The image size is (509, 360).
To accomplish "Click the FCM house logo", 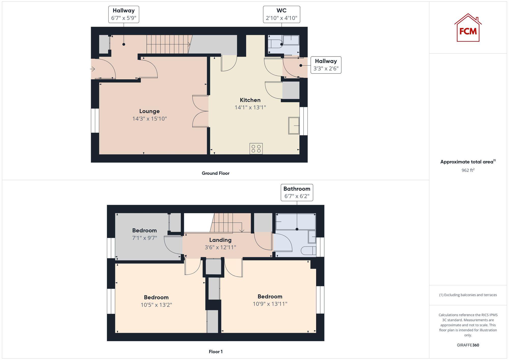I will point(468,28).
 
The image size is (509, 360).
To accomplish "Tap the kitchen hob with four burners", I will point(256,149).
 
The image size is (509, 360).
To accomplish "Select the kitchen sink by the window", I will point(294,125).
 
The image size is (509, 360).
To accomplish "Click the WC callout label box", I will point(281,15).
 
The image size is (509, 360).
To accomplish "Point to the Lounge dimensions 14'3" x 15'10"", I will point(149,119).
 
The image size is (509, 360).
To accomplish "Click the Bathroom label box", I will point(297,193).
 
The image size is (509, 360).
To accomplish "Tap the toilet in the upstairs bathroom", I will point(308,251).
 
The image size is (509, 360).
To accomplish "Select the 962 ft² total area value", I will point(468,170).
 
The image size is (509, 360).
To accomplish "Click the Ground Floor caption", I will point(216,173).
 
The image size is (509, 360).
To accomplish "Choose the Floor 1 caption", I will point(216,352).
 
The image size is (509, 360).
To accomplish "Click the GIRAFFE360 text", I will point(468,345).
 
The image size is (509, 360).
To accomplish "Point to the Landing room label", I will point(220,240).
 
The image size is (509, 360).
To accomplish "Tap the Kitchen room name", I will point(250,100).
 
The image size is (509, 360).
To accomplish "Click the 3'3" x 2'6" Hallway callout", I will point(326,65).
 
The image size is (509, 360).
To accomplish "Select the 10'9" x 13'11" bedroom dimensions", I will point(270,304).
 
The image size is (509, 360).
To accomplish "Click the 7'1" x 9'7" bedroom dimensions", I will point(144,238).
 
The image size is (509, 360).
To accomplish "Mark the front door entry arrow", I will point(92,69).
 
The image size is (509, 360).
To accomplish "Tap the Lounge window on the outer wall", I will point(95,121).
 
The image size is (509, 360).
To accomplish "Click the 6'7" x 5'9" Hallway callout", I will point(124,15).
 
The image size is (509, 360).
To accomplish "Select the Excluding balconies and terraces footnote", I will point(468,295).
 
